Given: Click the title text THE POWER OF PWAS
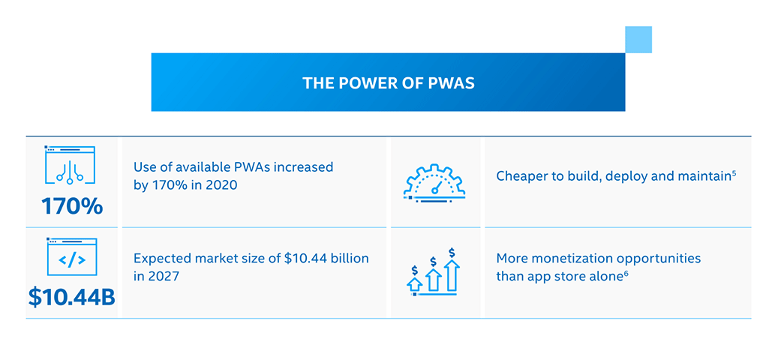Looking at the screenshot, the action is click(389, 82).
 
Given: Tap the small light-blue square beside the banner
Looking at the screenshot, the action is click(638, 40).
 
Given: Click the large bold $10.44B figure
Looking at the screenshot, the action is click(71, 298).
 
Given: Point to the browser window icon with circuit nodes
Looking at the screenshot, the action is click(71, 165).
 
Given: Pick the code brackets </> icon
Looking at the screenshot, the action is click(71, 256).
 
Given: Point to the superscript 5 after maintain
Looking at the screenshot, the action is click(734, 172).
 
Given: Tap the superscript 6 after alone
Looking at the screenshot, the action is click(626, 273).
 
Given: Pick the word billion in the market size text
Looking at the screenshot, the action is click(351, 258).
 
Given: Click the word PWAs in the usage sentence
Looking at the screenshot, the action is click(239, 167).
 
